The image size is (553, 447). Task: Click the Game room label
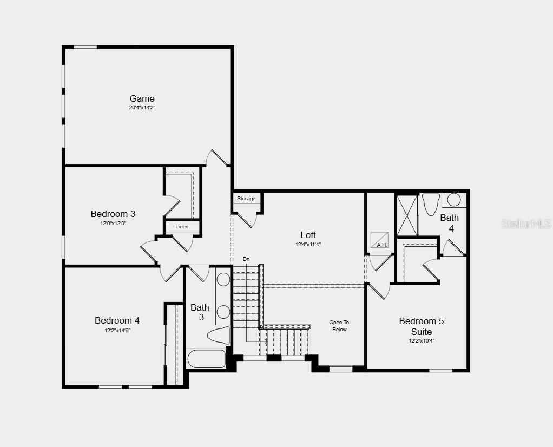(x=142, y=98)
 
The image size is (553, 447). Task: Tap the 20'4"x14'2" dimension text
(x=142, y=108)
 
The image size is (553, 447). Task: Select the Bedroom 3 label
(x=113, y=214)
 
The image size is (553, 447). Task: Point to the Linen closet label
(x=182, y=227)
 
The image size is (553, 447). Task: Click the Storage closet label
(x=246, y=199)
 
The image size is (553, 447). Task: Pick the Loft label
(x=308, y=235)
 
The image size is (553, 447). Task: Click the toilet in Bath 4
(x=431, y=204)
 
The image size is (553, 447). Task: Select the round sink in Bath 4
(x=454, y=200)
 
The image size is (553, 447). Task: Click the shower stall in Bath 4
(x=407, y=215)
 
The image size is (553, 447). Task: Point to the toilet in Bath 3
(x=219, y=336)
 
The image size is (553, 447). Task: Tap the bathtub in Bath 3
(x=206, y=358)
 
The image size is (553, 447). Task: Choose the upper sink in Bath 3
(x=223, y=280)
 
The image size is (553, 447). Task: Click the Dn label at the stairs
(x=246, y=259)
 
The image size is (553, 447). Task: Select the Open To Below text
(x=339, y=326)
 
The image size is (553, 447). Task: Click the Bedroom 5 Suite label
(x=421, y=326)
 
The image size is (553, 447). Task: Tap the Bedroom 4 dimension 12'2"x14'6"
(x=117, y=330)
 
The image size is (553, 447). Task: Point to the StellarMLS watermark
(x=526, y=223)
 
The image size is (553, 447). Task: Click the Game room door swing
(x=218, y=157)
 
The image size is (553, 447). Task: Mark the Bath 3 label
(x=200, y=312)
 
